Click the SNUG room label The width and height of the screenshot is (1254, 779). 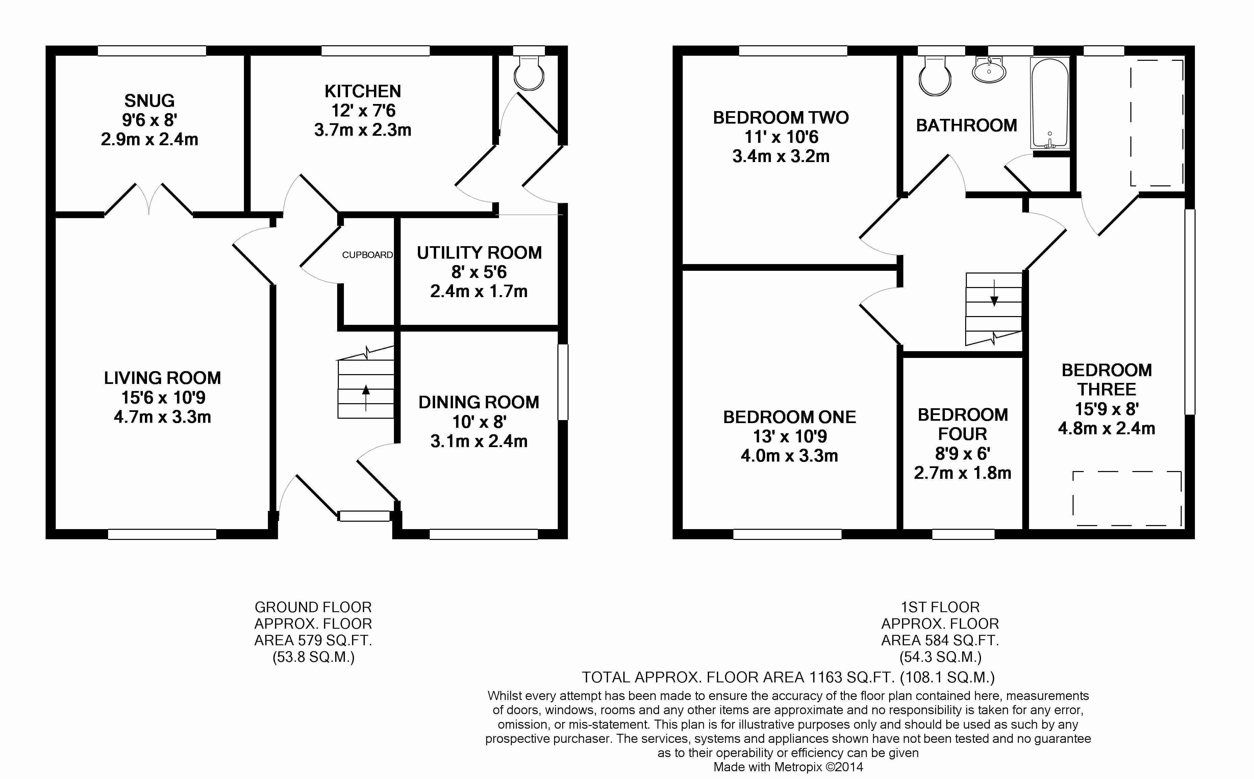(149, 101)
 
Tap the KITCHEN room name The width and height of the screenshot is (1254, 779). (363, 91)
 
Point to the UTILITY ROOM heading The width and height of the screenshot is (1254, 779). (479, 253)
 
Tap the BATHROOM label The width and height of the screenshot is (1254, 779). (967, 125)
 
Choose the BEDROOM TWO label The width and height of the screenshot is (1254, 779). (781, 118)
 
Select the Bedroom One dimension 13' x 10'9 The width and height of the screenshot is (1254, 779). (789, 436)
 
